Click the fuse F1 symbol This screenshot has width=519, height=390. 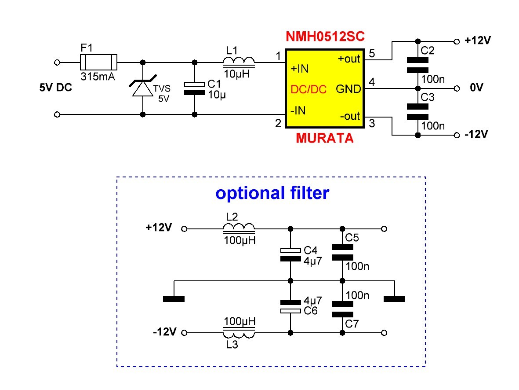point(99,63)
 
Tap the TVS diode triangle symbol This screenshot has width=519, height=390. point(142,88)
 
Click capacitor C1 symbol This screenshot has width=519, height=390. point(195,88)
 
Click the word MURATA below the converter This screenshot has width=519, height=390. point(324,139)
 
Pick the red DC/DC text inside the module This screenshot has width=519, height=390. point(308,89)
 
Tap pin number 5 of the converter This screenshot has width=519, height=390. point(372,55)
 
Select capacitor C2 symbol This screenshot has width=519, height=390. point(417,65)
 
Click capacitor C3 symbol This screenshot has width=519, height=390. point(417,112)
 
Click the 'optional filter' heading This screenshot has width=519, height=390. point(272,193)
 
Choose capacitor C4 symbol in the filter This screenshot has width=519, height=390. point(290,254)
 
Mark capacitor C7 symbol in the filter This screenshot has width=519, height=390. point(342,309)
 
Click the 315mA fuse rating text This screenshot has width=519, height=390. point(98,76)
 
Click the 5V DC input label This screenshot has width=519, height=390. point(55,88)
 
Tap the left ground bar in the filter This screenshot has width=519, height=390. point(174,299)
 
